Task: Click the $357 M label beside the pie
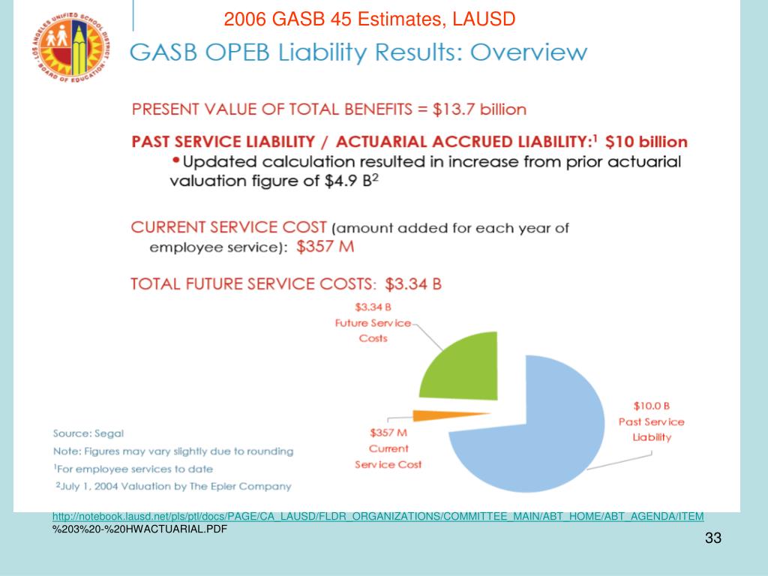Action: pyautogui.click(x=388, y=433)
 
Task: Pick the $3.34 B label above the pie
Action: pyautogui.click(x=373, y=307)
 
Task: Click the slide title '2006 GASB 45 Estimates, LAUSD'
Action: pyautogui.click(x=370, y=18)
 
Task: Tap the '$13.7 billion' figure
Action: pyautogui.click(x=479, y=109)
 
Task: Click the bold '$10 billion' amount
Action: pyautogui.click(x=646, y=141)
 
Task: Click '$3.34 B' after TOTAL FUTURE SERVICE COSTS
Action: pyautogui.click(x=413, y=284)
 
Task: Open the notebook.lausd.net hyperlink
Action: pyautogui.click(x=378, y=516)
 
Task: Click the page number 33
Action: pyautogui.click(x=712, y=538)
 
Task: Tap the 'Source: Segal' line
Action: pyautogui.click(x=88, y=433)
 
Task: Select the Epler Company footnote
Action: pyautogui.click(x=174, y=486)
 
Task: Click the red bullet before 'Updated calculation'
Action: pyautogui.click(x=175, y=160)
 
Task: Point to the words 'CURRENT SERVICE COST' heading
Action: pyautogui.click(x=229, y=227)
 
